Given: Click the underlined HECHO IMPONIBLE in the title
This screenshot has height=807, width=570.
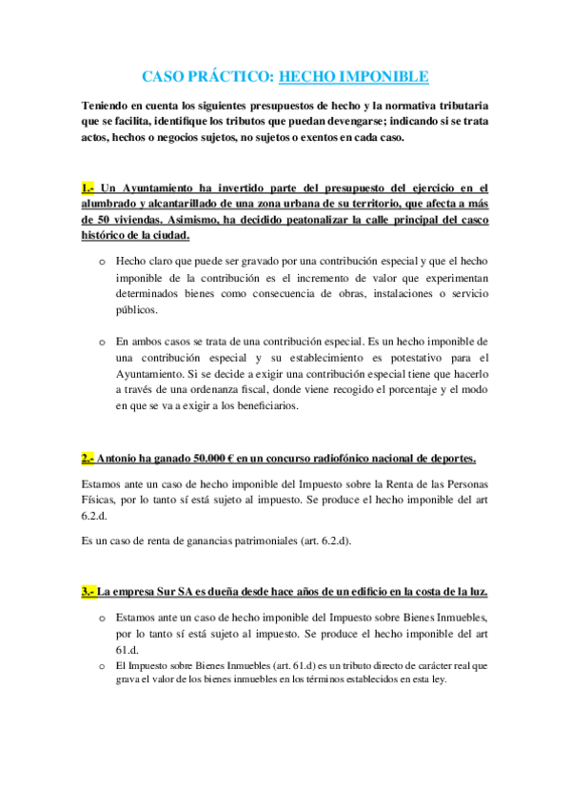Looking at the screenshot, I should [354, 76].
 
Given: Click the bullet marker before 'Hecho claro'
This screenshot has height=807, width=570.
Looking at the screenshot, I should [102, 261].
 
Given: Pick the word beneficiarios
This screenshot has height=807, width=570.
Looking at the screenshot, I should [261, 405].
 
